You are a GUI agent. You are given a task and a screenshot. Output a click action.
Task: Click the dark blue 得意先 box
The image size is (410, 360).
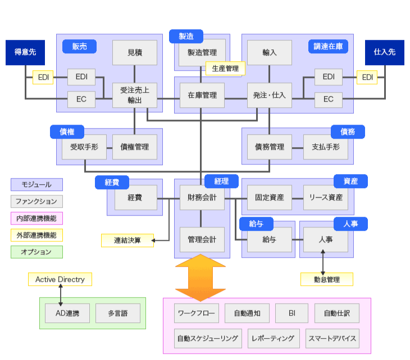tap(25, 52)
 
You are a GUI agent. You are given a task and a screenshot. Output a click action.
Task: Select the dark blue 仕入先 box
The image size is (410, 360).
tap(384, 52)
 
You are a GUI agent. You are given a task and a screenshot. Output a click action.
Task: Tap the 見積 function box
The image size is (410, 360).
tap(135, 53)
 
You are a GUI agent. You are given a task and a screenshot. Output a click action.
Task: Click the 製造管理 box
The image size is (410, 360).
tap(202, 53)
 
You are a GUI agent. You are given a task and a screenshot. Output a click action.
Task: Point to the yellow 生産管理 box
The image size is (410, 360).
tap(225, 69)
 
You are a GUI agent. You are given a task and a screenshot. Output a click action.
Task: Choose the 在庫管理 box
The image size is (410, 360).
tap(202, 95)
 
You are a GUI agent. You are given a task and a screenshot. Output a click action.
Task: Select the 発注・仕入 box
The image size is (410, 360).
tap(270, 95)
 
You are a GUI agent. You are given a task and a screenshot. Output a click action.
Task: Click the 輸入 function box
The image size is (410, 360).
tap(270, 53)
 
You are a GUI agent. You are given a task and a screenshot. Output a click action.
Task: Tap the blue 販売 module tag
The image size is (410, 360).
tap(79, 46)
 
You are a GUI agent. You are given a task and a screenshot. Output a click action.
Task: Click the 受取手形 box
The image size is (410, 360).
tap(84, 147)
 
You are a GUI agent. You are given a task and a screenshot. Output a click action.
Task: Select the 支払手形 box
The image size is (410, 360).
tap(325, 147)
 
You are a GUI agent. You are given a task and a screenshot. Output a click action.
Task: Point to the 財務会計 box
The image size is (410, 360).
tap(202, 198)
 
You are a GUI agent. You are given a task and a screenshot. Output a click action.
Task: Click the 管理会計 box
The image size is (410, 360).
tap(202, 239)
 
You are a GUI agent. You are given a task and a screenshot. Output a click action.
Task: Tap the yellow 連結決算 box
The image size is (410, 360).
tap(127, 240)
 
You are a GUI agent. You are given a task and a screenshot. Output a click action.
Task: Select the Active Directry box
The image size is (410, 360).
tap(60, 279)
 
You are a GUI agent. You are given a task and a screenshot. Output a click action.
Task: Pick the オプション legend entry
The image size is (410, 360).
tap(37, 252)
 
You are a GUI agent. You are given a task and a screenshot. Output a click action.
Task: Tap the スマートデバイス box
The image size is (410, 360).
tap(332, 339)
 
